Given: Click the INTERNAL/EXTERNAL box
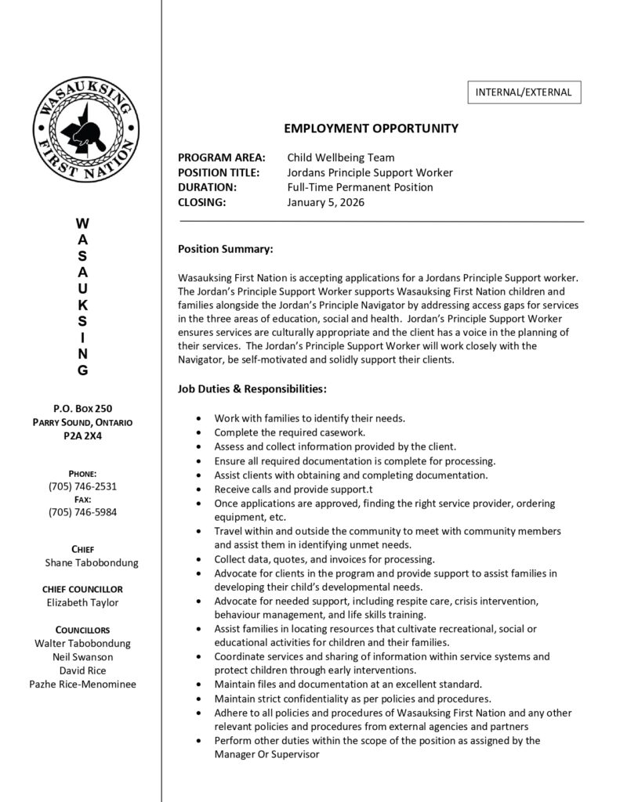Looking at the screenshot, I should (x=524, y=92).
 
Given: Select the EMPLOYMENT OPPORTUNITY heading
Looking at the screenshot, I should (x=371, y=128).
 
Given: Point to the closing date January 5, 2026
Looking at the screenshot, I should (x=326, y=202).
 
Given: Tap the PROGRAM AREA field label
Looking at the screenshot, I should (x=222, y=157).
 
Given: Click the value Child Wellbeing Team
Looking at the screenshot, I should (x=341, y=157).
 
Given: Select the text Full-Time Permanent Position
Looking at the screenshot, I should (x=360, y=187).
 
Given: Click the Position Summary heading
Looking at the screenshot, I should (x=226, y=249).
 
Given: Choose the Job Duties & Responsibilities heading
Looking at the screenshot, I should (x=252, y=388).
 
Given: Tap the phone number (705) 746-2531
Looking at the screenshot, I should (x=82, y=486).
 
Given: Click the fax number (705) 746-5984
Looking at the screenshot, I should (x=82, y=512).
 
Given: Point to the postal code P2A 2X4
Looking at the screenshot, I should (x=82, y=436).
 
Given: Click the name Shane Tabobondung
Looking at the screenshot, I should (x=92, y=563).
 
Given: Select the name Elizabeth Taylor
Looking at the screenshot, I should (x=82, y=602).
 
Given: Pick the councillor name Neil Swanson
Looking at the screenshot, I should (x=82, y=656).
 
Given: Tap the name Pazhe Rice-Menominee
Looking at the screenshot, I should (x=82, y=684).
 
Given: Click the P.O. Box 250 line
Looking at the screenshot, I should (x=82, y=408).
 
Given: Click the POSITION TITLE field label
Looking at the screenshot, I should (x=223, y=172).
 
